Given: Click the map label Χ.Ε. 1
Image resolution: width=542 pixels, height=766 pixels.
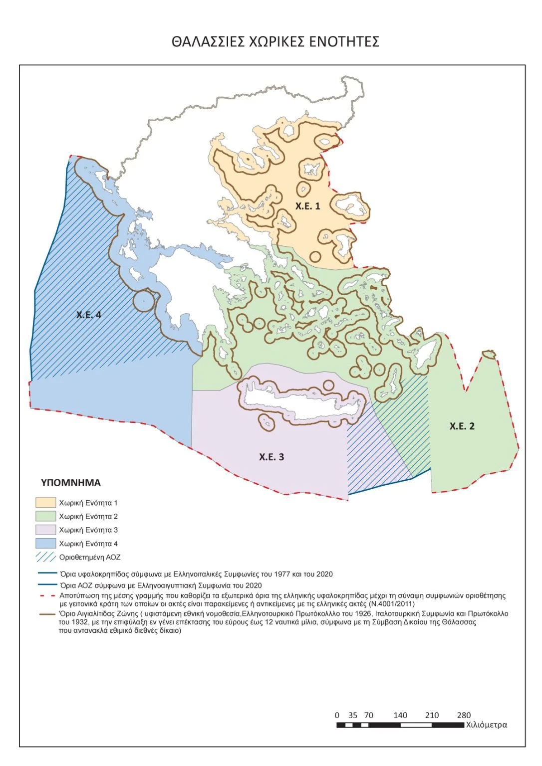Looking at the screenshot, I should pos(307,206).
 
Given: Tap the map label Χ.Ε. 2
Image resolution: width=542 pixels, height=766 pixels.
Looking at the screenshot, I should pos(462,426).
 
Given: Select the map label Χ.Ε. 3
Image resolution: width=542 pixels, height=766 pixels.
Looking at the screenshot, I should pos(271,457).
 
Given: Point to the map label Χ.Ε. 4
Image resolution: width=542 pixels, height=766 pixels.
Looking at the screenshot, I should pos(88,315).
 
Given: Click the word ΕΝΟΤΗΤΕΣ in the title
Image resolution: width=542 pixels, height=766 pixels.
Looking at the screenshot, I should pos(344,41).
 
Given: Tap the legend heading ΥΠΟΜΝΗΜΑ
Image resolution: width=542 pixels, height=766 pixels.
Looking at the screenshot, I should pos(70,483).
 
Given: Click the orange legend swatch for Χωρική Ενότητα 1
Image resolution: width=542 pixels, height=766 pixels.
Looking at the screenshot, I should pos(45,503).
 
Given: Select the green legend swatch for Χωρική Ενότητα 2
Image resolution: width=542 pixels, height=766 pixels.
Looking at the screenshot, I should pos(45,516).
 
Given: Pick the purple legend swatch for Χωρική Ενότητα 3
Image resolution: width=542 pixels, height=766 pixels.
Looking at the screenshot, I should pos(45,530).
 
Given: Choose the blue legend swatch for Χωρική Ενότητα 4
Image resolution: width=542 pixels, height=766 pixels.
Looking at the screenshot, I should pos(45,544).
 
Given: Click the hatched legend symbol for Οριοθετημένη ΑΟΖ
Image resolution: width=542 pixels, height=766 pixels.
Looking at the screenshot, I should pos(45,557).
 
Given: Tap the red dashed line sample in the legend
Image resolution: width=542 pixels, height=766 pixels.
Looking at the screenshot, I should pos(47,595).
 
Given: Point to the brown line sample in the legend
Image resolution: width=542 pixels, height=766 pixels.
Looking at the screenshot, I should pos(47,614).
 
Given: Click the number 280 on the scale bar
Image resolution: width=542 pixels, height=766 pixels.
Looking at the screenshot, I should pos(464,715).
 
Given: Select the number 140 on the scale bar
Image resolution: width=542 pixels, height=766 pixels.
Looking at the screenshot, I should pos(400,715).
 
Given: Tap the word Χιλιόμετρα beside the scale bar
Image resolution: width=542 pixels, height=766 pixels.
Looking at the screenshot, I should pos(486,725).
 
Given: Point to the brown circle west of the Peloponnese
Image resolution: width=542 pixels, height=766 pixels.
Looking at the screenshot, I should pos(143,301).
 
